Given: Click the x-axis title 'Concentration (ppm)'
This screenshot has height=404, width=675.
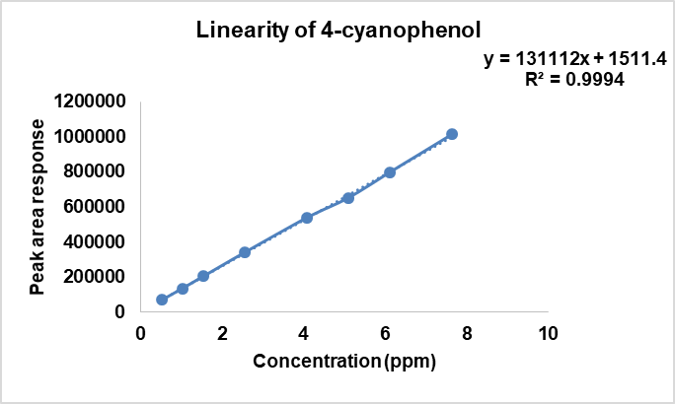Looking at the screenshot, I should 343,361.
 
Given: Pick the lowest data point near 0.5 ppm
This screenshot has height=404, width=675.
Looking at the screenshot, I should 162,300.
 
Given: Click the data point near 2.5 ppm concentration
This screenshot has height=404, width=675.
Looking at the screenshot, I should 245,252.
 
